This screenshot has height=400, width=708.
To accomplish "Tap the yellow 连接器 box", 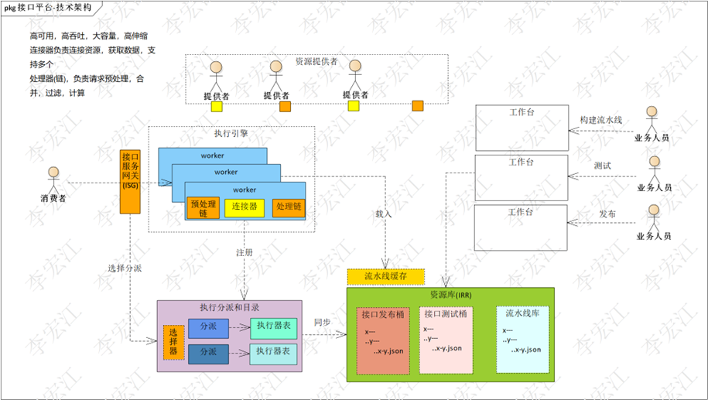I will point(244,207).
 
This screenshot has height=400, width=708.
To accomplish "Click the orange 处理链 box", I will point(289,207).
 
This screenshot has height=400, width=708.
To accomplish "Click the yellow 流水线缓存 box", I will point(385,275).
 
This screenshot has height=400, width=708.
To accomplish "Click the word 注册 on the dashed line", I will point(245,253).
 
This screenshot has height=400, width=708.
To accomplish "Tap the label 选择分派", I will point(124,268).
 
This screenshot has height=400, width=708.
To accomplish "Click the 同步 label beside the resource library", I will point(322,322).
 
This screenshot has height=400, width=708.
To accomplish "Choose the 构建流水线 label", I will point(601,121).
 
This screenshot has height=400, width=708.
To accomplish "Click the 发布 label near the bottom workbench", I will point(607,213).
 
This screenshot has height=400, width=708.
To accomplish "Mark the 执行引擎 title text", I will point(231,133).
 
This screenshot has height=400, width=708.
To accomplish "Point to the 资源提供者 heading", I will point(316,61).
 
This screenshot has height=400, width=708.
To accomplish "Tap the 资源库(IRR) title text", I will point(450,295).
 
